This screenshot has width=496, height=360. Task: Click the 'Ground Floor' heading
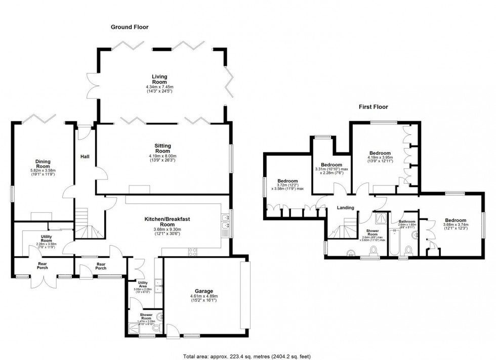tap(129, 27)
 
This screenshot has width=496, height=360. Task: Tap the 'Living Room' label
tap(159, 79)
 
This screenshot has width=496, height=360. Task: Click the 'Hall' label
tap(85, 157)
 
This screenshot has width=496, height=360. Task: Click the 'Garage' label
tap(203, 291)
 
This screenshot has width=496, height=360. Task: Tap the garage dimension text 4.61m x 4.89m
tap(203, 296)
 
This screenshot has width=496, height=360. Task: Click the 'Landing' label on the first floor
tap(346, 207)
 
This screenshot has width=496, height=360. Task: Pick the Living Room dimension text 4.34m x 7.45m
tap(159, 87)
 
